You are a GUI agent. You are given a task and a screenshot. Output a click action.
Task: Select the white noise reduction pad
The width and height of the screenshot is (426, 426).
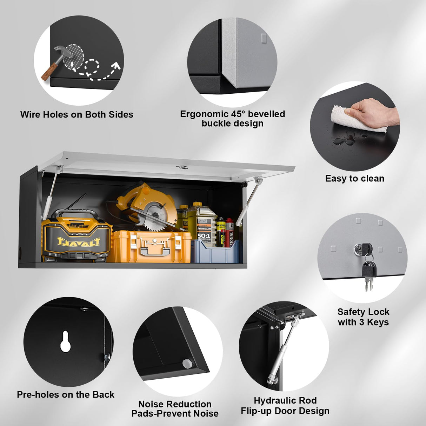click(187, 363)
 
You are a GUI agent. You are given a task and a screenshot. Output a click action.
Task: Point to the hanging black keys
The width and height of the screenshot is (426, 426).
click(368, 274)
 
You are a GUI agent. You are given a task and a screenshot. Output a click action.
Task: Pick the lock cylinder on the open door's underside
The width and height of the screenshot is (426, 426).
click(181, 167)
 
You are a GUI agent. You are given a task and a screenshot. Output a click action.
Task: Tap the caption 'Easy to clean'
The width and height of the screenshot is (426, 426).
click(354, 179)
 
